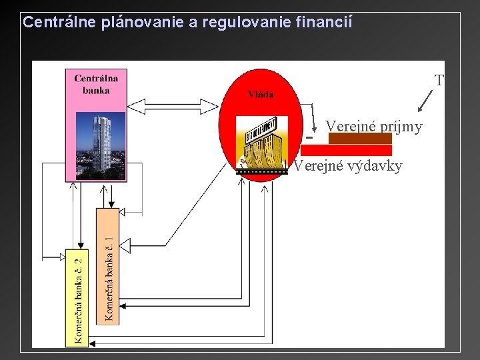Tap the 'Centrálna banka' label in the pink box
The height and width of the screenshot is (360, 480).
(x=96, y=84)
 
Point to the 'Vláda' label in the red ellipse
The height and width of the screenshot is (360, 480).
(x=261, y=94)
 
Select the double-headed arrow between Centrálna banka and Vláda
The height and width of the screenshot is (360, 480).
(x=173, y=106)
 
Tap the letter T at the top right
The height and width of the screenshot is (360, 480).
(x=439, y=81)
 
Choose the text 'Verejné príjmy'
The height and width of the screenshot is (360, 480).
(x=373, y=126)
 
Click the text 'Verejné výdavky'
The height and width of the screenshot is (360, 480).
(x=348, y=166)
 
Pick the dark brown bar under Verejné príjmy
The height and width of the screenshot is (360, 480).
(x=360, y=138)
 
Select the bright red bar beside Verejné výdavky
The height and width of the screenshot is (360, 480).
(x=346, y=150)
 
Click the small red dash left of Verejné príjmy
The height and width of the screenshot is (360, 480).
(x=309, y=138)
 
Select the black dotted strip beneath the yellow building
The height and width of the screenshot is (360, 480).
(x=262, y=171)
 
